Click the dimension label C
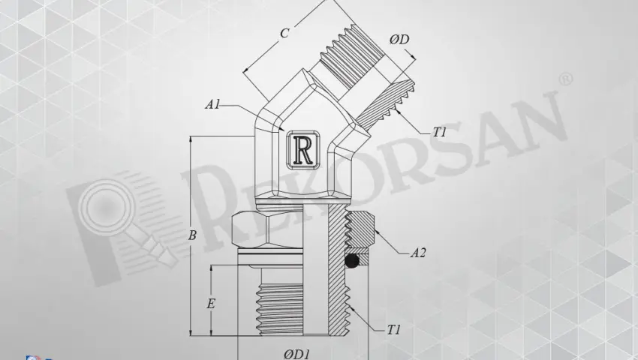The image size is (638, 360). pyautogui.click(x=284, y=34)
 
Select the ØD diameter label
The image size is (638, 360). pyautogui.click(x=399, y=40)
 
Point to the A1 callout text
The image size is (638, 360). pyautogui.click(x=212, y=106)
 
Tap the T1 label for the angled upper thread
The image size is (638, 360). pyautogui.click(x=440, y=132)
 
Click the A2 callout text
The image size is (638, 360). pyautogui.click(x=418, y=253)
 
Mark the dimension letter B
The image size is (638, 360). pyautogui.click(x=192, y=235)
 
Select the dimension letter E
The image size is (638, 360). pyautogui.click(x=211, y=304)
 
